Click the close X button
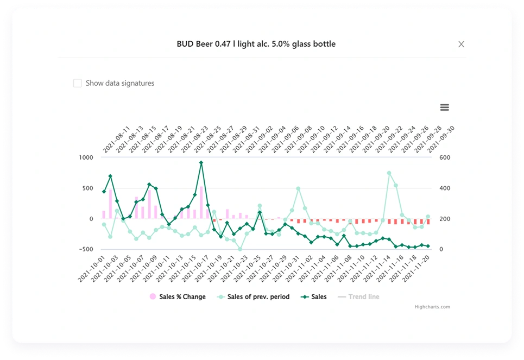pos(461,44)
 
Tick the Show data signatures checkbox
pos(78,83)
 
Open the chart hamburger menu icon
pos(444,108)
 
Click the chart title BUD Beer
pos(256,44)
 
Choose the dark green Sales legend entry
pos(315,297)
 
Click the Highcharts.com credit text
pos(432,307)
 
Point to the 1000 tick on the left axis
pos(86,157)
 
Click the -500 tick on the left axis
pos(85,249)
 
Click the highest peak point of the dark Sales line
pos(201,162)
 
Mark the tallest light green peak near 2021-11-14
pos(389,173)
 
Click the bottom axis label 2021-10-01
pos(91,269)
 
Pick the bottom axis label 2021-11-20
pos(416,269)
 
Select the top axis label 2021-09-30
pos(441,140)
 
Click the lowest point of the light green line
pos(240,249)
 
